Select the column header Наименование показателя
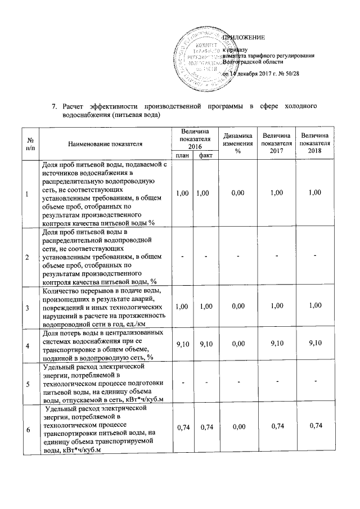pyautogui.click(x=105, y=144)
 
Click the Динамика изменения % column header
pyautogui.click(x=237, y=144)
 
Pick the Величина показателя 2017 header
pyautogui.click(x=276, y=144)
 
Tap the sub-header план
pyautogui.click(x=182, y=156)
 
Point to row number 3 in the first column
pyautogui.click(x=27, y=307)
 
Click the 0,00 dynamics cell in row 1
pyautogui.click(x=237, y=192)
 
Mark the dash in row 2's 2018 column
pyautogui.click(x=315, y=256)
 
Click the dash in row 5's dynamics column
pyautogui.click(x=237, y=382)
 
